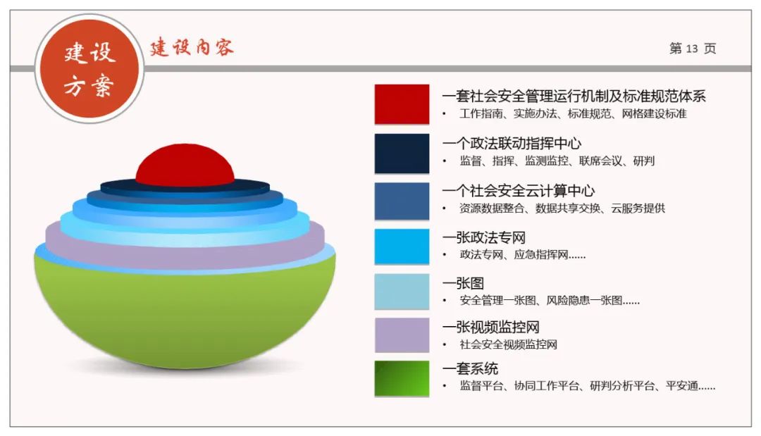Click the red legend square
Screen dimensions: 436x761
coord(402,104)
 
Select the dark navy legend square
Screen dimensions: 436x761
coord(402,153)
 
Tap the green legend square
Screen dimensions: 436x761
coord(402,378)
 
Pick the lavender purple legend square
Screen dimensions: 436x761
coord(402,335)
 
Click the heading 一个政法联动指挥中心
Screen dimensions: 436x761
coord(512,144)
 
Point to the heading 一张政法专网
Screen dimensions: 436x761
coord(483,238)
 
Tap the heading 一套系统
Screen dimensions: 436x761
coord(470,368)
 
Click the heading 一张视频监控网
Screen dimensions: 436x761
coord(490,327)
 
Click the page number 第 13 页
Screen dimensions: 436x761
coord(692,49)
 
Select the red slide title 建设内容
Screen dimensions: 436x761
coord(191,48)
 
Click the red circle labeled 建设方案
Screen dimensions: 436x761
coord(89,69)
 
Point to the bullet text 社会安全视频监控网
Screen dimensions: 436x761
coord(508,344)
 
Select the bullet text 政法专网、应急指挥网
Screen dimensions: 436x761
coord(522,255)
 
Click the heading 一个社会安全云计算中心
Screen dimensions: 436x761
coord(519,191)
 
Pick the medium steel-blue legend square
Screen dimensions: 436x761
coord(402,201)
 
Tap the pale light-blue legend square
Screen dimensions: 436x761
coord(402,291)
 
